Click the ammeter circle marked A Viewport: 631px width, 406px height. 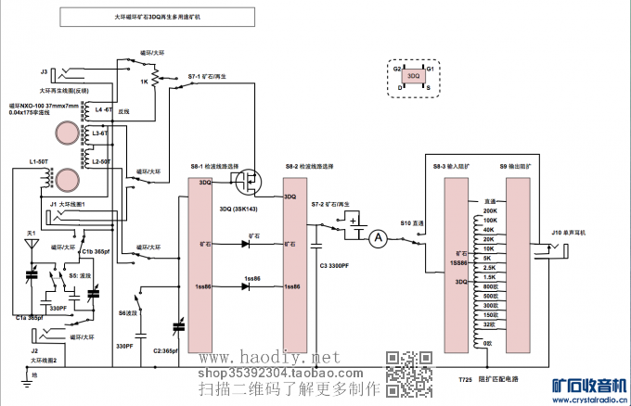coord(378,238)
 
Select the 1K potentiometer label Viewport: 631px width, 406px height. coord(144,82)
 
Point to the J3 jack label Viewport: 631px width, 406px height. coord(44,70)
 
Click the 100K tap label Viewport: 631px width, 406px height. coord(490,220)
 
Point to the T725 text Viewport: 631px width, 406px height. coord(465,380)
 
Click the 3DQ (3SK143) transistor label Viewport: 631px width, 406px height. coord(238,209)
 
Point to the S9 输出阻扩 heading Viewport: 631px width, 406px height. coord(518,165)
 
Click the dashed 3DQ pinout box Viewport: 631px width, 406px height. coord(414,76)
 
